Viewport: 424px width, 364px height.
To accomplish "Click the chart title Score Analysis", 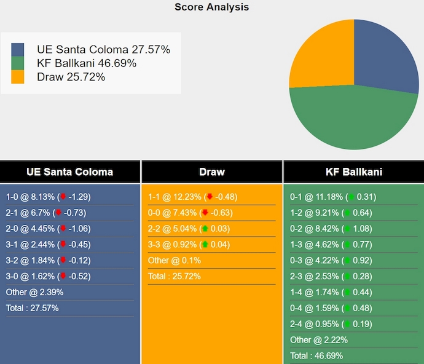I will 211,7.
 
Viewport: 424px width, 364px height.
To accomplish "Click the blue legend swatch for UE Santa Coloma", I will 18,50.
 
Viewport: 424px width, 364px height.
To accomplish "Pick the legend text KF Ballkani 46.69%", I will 87,63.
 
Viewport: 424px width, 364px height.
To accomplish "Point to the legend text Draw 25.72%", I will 71,77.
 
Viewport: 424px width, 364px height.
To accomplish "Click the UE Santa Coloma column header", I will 70,172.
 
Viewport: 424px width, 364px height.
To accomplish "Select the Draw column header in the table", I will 212,172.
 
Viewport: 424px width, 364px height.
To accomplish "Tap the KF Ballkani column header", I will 354,172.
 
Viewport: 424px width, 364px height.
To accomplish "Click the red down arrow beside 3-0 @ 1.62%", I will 63,277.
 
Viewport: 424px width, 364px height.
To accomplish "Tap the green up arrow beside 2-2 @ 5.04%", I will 205,229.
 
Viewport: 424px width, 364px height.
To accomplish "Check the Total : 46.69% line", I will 316,355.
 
